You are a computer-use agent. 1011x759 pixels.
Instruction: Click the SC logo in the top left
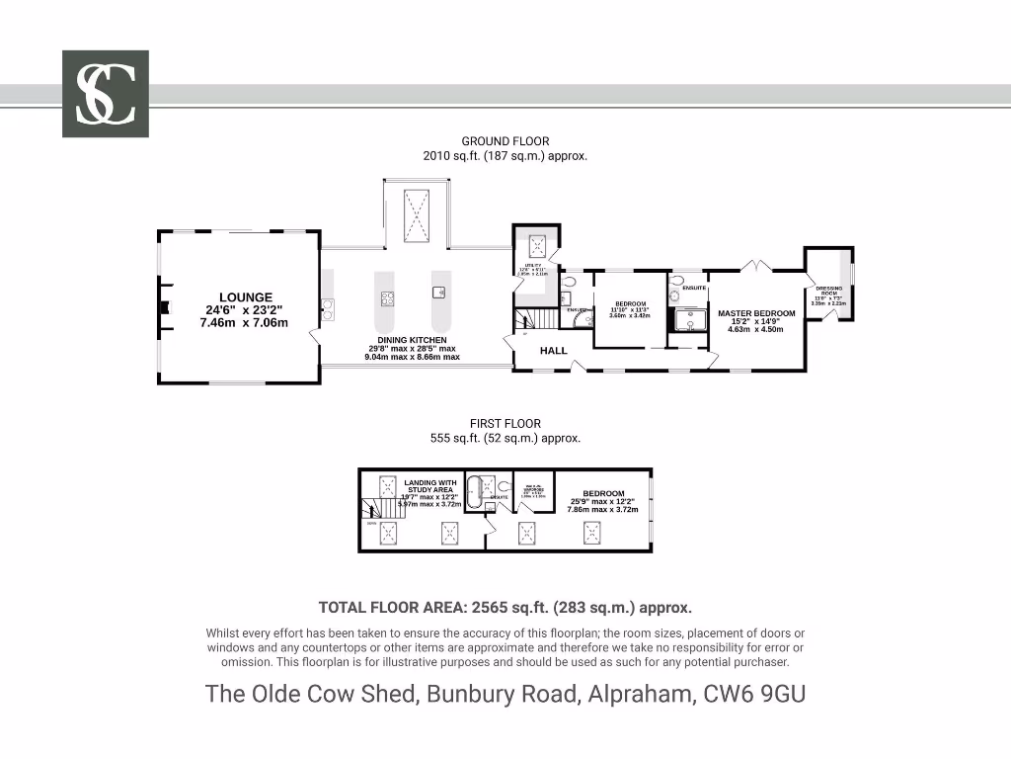[106, 94]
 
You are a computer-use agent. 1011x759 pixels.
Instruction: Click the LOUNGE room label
[246, 297]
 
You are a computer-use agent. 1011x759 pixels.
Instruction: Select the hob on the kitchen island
[388, 297]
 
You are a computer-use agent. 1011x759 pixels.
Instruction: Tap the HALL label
[553, 351]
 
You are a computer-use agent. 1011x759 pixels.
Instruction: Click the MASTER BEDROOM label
[756, 314]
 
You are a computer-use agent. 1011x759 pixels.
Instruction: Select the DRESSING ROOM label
[828, 292]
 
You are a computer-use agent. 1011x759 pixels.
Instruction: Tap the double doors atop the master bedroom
[755, 265]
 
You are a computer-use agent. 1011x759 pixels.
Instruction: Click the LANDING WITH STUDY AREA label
[430, 486]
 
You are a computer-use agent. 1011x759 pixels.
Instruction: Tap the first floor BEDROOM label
[603, 494]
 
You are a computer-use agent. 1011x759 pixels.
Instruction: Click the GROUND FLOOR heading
[505, 142]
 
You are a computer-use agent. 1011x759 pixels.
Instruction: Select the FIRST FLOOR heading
[505, 424]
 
